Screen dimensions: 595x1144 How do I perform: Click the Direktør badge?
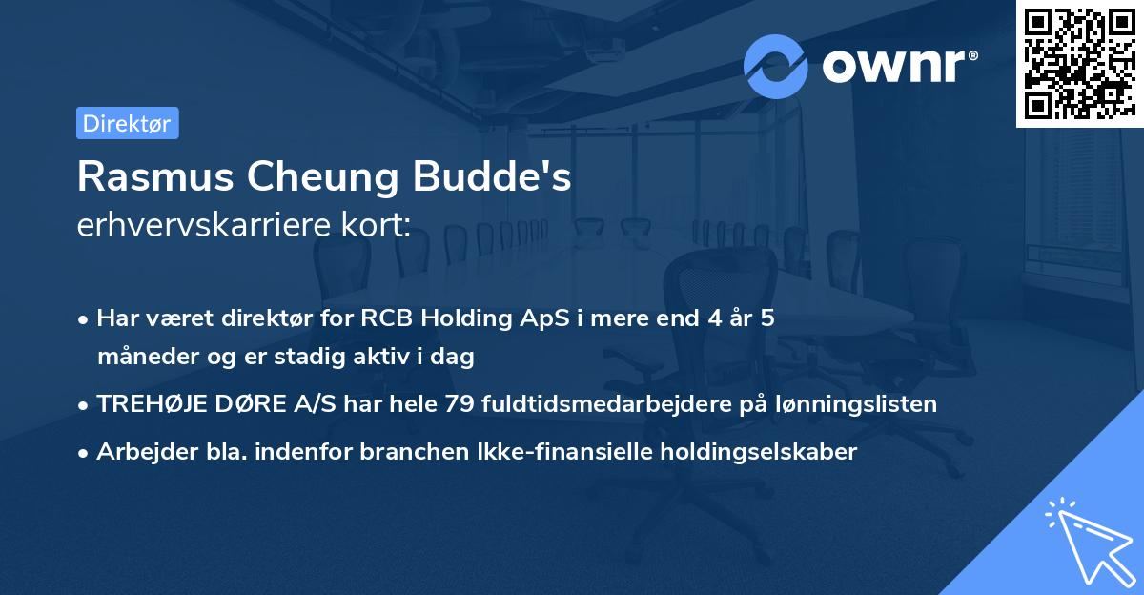tap(127, 123)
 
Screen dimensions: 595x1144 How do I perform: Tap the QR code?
tap(1079, 63)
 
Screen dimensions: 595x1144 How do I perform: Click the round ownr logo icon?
tap(776, 66)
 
